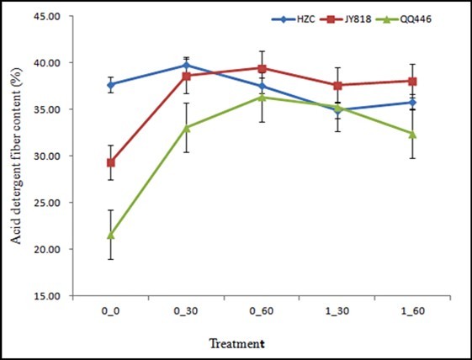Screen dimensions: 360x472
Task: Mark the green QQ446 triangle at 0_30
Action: point(187,127)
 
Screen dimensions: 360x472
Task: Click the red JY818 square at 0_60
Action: point(263,68)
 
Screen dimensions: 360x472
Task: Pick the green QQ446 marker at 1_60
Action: point(412,134)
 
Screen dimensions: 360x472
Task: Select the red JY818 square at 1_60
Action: point(412,82)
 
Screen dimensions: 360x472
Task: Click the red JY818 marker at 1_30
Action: point(337,85)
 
